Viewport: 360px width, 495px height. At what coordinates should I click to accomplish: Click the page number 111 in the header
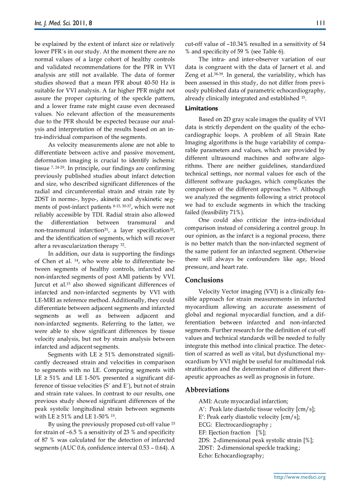tap(321, 22)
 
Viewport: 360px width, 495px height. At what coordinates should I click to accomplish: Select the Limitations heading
tap(202, 108)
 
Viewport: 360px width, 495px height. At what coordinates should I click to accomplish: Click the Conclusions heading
tap(204, 280)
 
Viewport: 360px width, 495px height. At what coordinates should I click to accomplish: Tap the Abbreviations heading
tap(207, 390)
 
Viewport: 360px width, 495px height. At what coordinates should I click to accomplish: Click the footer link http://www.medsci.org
tap(300, 477)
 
